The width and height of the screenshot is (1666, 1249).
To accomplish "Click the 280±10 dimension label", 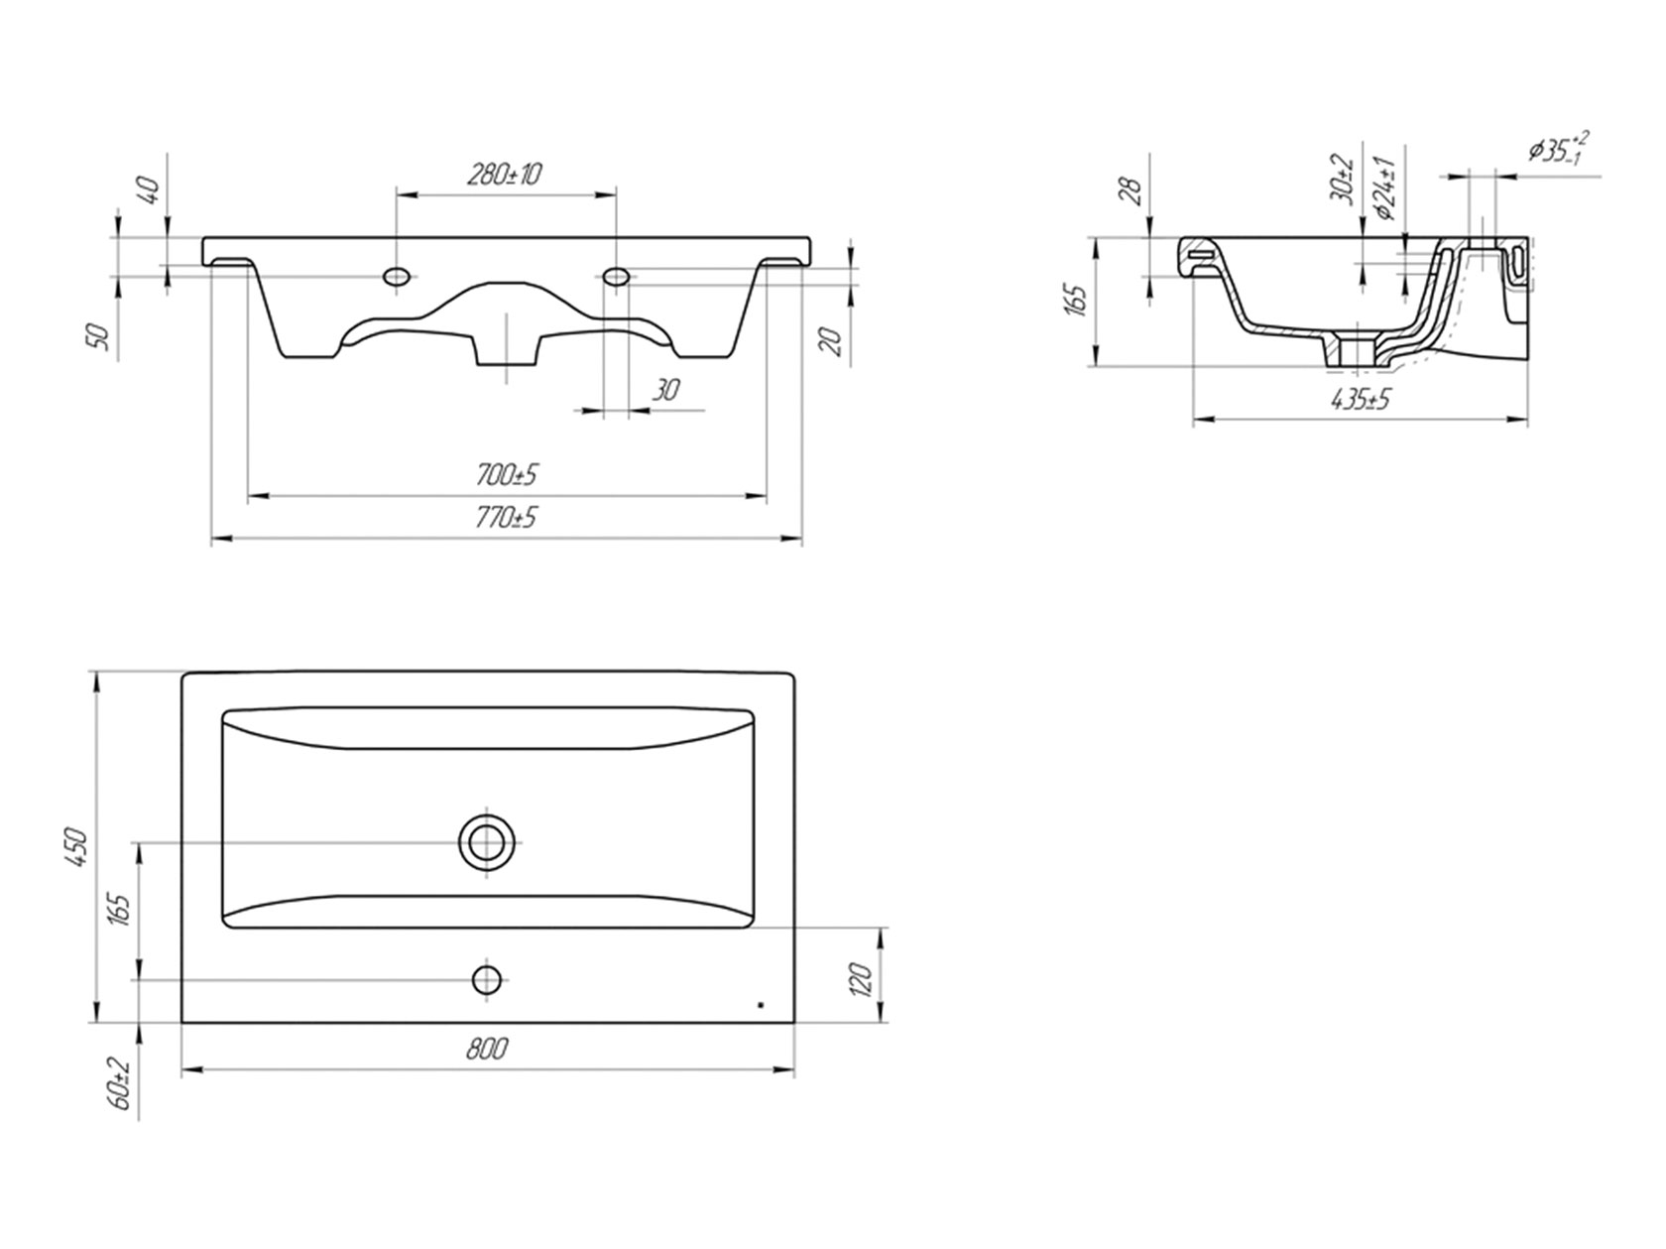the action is [x=503, y=175].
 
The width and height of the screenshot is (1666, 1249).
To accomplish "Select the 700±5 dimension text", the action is [x=507, y=475].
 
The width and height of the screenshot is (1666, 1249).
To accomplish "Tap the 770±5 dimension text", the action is [x=506, y=518].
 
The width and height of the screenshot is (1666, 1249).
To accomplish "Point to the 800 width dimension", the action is [x=487, y=1049].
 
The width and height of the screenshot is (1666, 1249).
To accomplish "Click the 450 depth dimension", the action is [x=79, y=847].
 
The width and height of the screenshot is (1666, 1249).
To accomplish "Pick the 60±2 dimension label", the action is [x=121, y=1087].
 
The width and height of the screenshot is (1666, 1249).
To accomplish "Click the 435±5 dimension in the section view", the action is [x=1361, y=399].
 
